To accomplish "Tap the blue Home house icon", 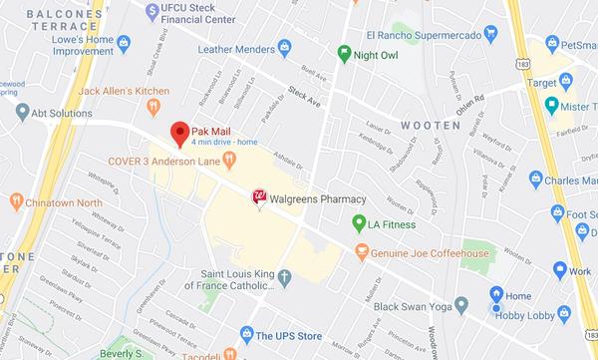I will [x=495, y=294].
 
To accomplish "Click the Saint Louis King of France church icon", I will [x=284, y=277].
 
